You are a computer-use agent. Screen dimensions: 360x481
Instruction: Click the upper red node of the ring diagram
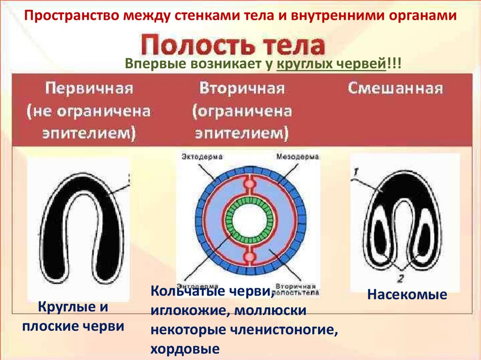coord(248,184)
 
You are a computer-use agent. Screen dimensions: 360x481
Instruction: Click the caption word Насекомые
coord(407,295)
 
